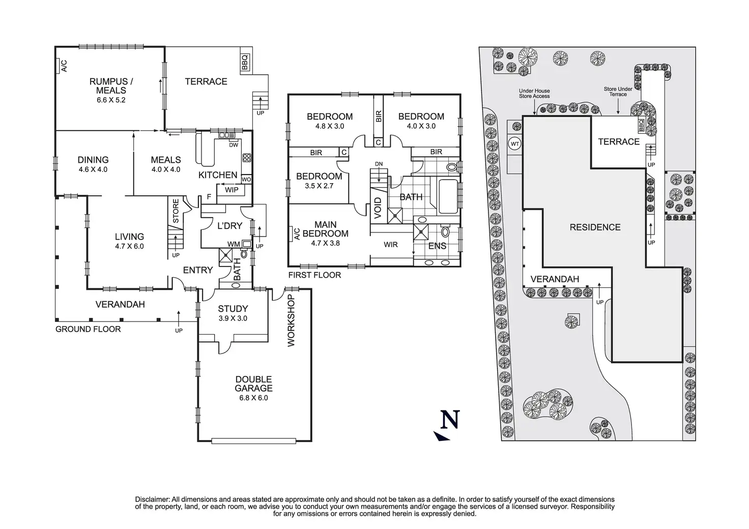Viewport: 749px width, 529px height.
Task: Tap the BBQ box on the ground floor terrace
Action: (245, 63)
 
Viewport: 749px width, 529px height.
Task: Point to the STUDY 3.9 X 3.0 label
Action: (233, 313)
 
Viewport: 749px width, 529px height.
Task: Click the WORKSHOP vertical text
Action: (291, 320)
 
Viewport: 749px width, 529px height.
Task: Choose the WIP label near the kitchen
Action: (232, 190)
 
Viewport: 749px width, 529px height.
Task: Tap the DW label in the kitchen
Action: (234, 145)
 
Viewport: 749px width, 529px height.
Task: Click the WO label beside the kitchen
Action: (246, 180)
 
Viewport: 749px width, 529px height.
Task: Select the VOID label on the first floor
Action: (378, 208)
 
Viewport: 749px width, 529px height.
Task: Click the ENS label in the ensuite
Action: (437, 246)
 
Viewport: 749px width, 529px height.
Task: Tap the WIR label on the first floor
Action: (391, 245)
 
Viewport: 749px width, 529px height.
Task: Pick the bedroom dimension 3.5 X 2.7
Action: (319, 186)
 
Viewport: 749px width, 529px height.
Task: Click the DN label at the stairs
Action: (379, 164)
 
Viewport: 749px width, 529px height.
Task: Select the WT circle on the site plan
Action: (515, 144)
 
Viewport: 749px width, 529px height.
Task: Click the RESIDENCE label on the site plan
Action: (595, 227)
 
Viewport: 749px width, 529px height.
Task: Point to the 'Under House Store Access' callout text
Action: (534, 93)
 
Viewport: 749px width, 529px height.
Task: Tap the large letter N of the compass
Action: (450, 420)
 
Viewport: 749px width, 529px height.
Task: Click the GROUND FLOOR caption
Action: (88, 329)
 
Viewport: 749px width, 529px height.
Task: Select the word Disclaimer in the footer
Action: (153, 499)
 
